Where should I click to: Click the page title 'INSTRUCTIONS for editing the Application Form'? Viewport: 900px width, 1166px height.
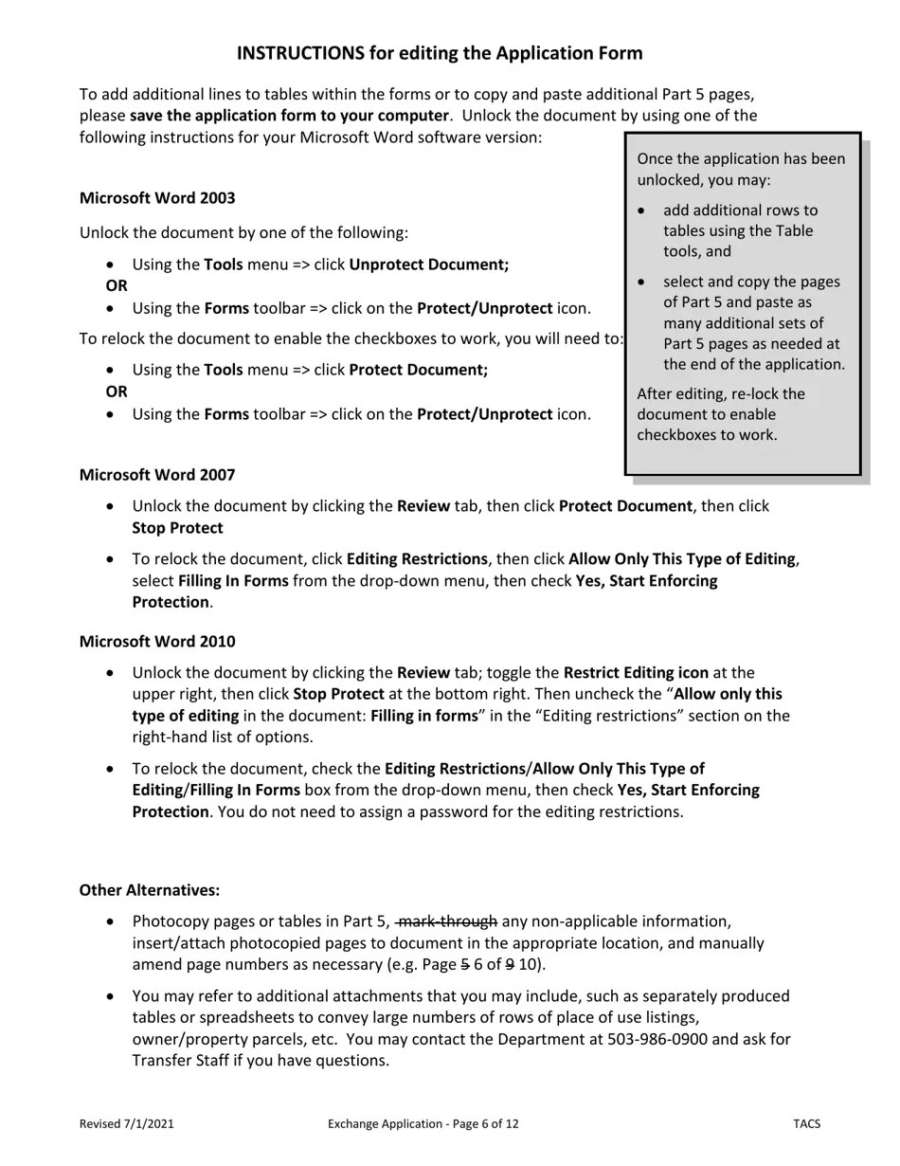tap(439, 53)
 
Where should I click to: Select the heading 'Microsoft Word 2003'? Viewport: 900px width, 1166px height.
tap(157, 198)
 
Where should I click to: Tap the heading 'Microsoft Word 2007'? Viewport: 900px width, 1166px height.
tap(157, 475)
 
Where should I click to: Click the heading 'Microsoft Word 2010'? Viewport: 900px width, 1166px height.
tap(157, 642)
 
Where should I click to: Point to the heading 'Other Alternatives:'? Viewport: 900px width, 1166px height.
tap(150, 890)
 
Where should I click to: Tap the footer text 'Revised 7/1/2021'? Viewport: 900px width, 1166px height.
tap(126, 1124)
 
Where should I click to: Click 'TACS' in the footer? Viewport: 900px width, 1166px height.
tap(806, 1124)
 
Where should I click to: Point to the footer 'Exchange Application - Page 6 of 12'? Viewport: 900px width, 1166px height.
tap(423, 1124)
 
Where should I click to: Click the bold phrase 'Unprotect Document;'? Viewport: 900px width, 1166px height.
tap(428, 264)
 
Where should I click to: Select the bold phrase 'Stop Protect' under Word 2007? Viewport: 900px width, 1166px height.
tap(177, 528)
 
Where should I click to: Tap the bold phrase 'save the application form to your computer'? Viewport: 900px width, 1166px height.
tap(289, 116)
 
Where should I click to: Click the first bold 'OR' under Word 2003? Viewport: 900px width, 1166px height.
tap(117, 285)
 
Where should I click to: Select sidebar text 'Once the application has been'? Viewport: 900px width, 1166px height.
tap(741, 159)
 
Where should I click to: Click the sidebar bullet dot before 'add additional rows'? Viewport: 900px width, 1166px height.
tap(643, 210)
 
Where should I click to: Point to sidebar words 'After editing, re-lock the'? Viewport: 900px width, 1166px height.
tap(721, 394)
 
